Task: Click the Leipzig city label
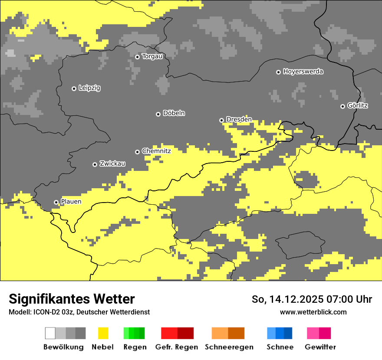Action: [89, 88]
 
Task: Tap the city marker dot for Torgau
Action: [138, 57]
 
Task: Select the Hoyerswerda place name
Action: [303, 72]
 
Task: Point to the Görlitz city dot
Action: [342, 106]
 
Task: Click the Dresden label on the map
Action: [239, 120]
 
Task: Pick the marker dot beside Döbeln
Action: [158, 114]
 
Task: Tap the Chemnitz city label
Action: [156, 151]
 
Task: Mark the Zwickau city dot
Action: [95, 164]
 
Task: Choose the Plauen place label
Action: [71, 202]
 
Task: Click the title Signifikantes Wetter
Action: [72, 299]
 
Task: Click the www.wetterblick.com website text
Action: [313, 312]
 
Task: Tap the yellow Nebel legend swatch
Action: [103, 333]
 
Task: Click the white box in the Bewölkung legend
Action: [50, 333]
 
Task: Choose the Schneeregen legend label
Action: [229, 347]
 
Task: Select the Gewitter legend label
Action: [320, 347]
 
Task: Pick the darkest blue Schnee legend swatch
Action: [288, 333]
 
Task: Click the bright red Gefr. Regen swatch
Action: [169, 333]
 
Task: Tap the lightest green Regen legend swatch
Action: [126, 333]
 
